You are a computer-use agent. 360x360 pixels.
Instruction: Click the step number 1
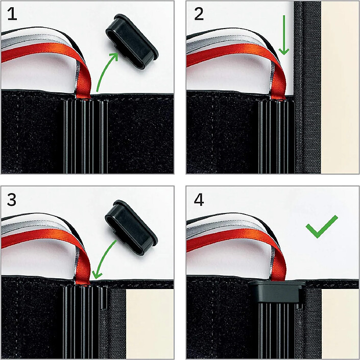[12, 14]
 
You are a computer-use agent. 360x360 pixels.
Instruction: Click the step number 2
[199, 14]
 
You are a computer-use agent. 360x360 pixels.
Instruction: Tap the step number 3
[12, 199]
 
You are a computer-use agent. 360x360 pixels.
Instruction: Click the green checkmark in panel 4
[321, 227]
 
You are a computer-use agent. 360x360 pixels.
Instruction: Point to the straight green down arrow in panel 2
[284, 35]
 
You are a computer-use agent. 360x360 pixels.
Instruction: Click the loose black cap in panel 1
[132, 41]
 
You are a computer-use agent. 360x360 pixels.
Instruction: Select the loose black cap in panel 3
[131, 227]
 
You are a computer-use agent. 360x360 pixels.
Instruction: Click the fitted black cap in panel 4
[277, 292]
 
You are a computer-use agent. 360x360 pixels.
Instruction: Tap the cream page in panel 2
[340, 87]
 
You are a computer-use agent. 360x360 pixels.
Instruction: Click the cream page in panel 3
[150, 324]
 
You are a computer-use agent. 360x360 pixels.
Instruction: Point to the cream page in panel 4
[340, 324]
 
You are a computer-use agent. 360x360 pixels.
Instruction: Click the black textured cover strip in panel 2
[307, 87]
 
